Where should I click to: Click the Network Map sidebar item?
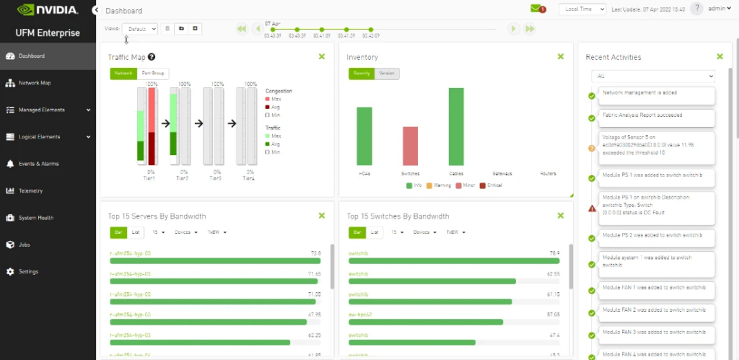[x=35, y=83]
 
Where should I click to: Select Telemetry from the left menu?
[x=31, y=191]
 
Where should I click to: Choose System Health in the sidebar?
[x=36, y=218]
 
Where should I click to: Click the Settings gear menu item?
[x=29, y=272]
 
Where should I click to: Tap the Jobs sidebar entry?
[x=25, y=245]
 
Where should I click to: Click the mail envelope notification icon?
[x=537, y=9]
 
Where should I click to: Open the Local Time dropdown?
[x=582, y=9]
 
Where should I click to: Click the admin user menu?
[x=718, y=9]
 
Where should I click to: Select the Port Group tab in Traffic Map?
[x=152, y=73]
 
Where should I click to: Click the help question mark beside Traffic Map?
[x=152, y=57]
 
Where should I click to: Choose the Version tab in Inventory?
[x=387, y=73]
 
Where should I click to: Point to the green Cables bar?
[x=456, y=126]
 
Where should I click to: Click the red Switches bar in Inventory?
[x=410, y=146]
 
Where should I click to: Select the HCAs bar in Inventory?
[x=364, y=136]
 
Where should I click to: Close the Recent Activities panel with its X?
[x=719, y=56]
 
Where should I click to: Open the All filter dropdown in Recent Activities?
[x=652, y=76]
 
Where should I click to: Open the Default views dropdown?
[x=139, y=29]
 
